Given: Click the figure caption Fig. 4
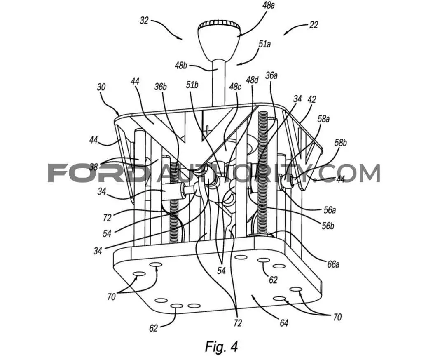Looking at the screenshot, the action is click(221, 346).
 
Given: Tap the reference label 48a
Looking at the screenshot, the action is click(268, 6).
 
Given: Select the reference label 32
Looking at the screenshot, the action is click(144, 21).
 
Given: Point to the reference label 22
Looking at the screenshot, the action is click(314, 25).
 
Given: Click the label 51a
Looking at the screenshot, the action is click(264, 44).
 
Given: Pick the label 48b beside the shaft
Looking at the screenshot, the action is click(181, 66).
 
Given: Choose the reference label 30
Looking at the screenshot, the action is click(101, 87).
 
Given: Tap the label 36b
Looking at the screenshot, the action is click(160, 87).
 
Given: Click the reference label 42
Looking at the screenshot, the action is click(311, 99).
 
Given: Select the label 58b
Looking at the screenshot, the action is click(340, 143).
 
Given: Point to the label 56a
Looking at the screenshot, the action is click(329, 210).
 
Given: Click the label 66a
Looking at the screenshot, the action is click(333, 264).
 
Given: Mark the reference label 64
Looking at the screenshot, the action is click(284, 323).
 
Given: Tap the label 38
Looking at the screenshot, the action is click(94, 167).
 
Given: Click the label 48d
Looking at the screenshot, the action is click(252, 80).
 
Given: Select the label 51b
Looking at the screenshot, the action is click(192, 85).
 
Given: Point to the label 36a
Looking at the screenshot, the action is click(271, 75).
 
